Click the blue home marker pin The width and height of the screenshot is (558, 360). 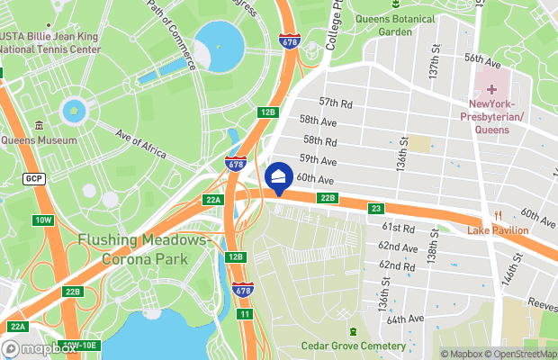click(279, 177)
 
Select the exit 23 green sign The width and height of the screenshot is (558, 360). click(377, 209)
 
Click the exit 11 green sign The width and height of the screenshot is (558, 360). click(244, 313)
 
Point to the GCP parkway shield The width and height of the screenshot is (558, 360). click(34, 178)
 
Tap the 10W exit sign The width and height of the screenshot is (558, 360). click(43, 220)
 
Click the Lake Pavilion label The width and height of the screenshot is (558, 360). click(498, 230)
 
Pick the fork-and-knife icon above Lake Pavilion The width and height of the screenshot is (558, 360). click(498, 214)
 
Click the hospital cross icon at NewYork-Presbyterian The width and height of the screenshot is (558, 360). click(491, 90)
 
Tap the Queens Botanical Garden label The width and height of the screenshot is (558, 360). click(395, 24)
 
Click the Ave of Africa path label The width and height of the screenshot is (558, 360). click(141, 143)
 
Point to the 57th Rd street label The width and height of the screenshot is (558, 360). click(335, 104)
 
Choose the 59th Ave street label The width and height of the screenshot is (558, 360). click(318, 160)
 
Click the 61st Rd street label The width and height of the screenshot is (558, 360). click(398, 229)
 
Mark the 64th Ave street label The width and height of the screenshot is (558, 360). click(404, 319)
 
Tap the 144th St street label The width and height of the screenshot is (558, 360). click(514, 267)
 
